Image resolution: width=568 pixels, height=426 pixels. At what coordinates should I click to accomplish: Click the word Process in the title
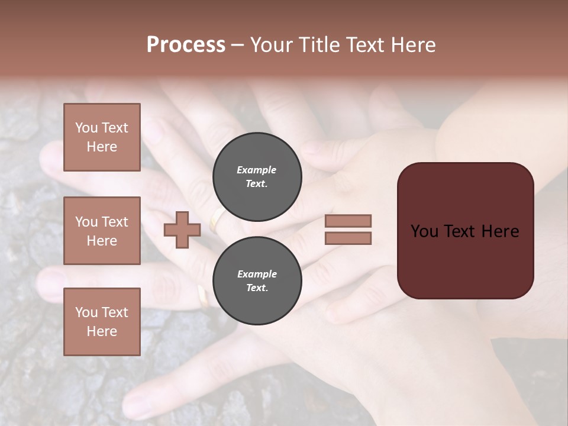click(x=186, y=45)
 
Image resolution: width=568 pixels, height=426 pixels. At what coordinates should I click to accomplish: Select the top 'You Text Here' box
click(x=102, y=137)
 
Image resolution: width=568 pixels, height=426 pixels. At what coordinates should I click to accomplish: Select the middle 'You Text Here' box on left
click(x=102, y=231)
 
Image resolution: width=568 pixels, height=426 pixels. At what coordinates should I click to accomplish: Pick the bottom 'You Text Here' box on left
click(x=102, y=322)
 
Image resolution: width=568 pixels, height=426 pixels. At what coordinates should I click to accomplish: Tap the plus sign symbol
click(x=182, y=230)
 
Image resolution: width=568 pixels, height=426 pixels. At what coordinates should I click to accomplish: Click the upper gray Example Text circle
click(x=257, y=177)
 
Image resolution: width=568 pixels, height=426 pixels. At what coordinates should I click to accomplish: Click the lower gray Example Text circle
click(x=257, y=281)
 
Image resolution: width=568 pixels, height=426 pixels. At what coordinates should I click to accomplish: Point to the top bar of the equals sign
click(x=348, y=221)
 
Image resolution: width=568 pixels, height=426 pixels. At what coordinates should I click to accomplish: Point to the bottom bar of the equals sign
click(x=348, y=238)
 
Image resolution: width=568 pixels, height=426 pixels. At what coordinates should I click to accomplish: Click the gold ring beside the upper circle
click(x=217, y=218)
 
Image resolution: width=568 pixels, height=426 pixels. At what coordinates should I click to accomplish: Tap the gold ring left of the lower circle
click(x=203, y=296)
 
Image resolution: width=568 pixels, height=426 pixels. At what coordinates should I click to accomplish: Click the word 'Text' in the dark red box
click(x=464, y=231)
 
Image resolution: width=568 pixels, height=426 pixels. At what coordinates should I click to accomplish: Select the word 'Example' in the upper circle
click(x=256, y=170)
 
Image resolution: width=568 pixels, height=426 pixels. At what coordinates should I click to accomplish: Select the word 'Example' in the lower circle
click(x=257, y=274)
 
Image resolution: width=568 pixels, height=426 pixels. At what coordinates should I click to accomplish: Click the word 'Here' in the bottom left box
click(x=102, y=331)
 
